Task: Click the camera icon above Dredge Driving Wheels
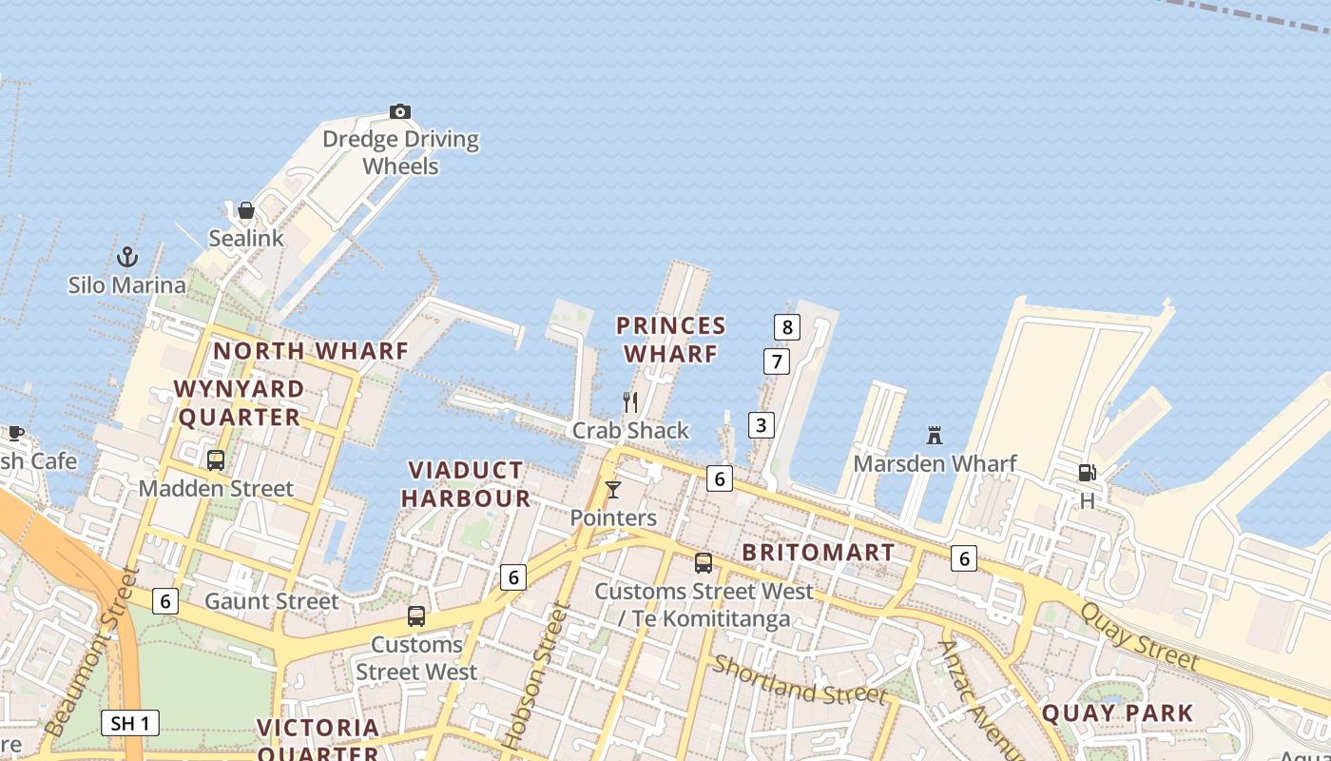(x=400, y=112)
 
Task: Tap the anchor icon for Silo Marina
(x=126, y=257)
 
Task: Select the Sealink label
(x=246, y=238)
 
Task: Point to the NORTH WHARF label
(x=310, y=351)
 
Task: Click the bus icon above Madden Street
(x=216, y=460)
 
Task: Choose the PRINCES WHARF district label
(x=671, y=340)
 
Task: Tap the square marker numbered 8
(x=786, y=327)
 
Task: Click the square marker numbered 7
(x=777, y=361)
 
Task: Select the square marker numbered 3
(x=761, y=424)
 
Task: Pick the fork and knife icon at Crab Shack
(x=629, y=401)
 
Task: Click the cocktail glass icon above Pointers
(x=613, y=490)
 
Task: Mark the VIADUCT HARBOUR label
(x=466, y=484)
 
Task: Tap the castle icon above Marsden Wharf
(x=935, y=436)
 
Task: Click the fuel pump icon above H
(x=1087, y=473)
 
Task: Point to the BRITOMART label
(x=819, y=553)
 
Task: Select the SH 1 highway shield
(x=130, y=723)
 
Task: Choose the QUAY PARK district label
(x=1117, y=712)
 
